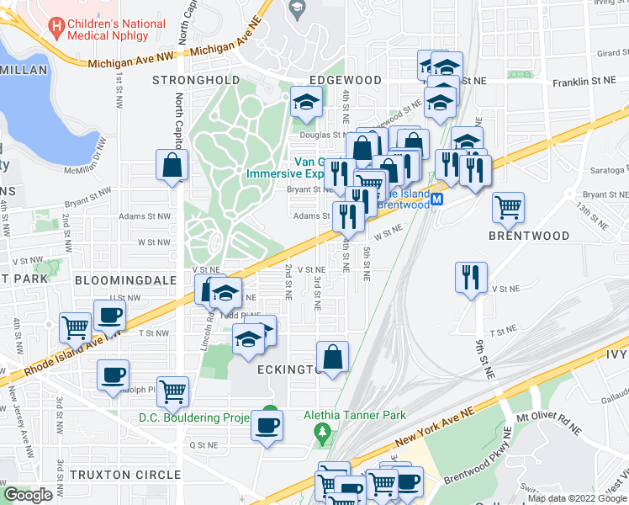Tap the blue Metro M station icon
(438, 203)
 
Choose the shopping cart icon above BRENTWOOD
(508, 206)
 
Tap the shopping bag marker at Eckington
(333, 355)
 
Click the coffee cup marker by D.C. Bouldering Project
(267, 425)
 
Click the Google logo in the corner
(28, 495)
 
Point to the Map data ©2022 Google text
(577, 498)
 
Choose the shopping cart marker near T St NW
(75, 327)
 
